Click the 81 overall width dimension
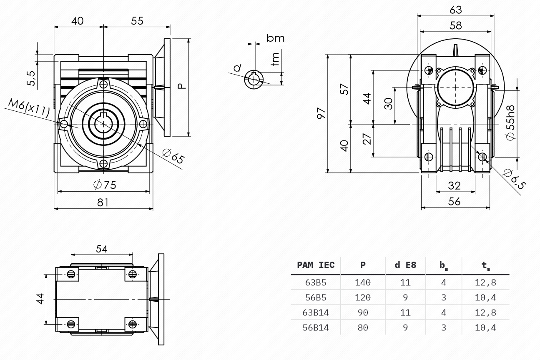coord(103,202)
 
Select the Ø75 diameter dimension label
coord(105,185)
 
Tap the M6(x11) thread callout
coord(29,108)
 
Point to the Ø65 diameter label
coord(173,156)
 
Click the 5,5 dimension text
coord(31,78)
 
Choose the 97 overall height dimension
coord(321,113)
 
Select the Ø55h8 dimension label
coord(510,122)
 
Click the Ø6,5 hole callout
coord(515,179)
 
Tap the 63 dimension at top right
coord(456,10)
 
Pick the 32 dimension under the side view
coord(454,186)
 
